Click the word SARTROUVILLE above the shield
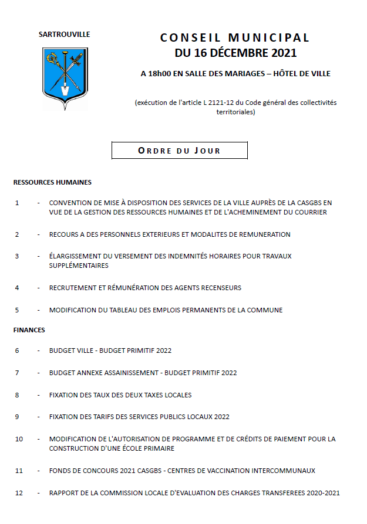65,35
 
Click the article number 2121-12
223,103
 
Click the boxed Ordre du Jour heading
179,151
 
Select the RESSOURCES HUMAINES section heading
52,182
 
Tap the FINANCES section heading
29,330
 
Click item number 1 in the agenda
17,203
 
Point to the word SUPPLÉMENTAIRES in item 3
79,266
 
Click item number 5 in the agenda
17,310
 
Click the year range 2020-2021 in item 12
319,493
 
